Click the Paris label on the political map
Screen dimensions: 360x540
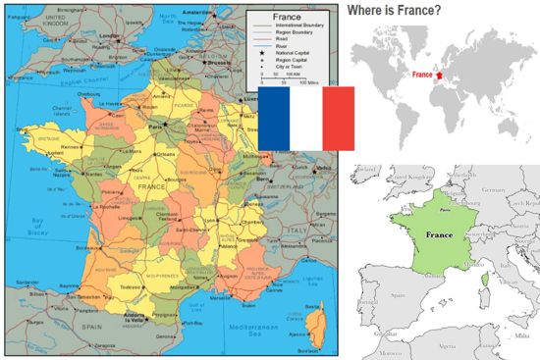tap(152, 127)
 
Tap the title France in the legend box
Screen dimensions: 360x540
tap(285, 19)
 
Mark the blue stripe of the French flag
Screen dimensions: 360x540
tap(274, 119)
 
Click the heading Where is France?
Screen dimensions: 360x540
tap(393, 11)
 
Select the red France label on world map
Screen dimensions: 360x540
tap(423, 75)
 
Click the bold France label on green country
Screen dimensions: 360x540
tap(440, 236)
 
